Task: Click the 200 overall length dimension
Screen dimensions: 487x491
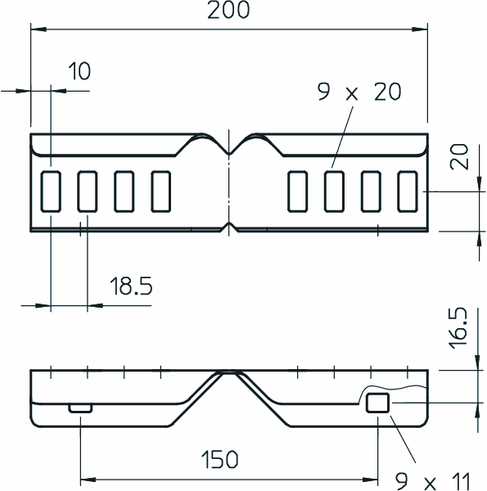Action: point(228,11)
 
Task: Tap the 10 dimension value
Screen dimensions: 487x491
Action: point(79,70)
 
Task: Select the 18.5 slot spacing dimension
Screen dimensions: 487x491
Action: point(131,286)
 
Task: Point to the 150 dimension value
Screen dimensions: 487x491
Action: point(219,459)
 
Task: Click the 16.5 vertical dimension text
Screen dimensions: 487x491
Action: point(458,328)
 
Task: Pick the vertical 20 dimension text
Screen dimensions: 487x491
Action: point(459,157)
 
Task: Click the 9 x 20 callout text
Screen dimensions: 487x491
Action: point(359,92)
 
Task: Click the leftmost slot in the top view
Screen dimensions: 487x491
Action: point(51,191)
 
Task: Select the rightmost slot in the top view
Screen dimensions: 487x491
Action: point(408,191)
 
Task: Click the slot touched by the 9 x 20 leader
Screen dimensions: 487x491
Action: point(334,191)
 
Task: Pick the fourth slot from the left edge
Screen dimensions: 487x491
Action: point(161,191)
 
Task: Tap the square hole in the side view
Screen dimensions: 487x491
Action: point(377,403)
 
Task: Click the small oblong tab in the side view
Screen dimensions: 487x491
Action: point(80,408)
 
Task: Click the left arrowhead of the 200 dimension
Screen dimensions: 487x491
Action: point(38,29)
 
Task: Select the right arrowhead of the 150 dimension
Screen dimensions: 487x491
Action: point(370,480)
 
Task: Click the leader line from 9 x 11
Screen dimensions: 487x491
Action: point(403,439)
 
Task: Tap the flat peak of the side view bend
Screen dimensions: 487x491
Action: point(229,372)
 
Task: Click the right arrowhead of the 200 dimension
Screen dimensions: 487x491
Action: point(420,29)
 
